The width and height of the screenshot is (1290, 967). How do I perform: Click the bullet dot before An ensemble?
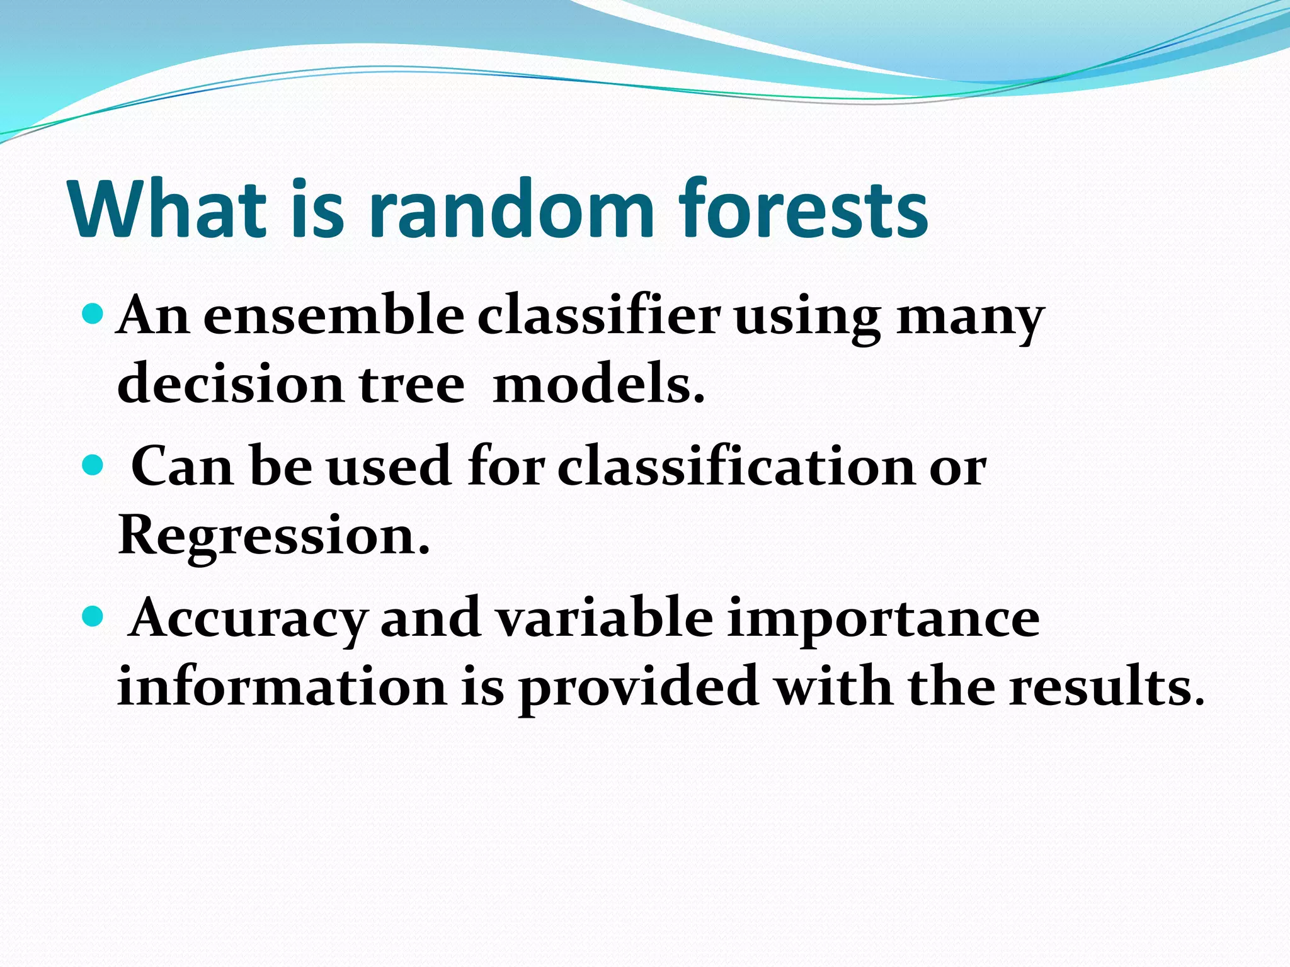click(92, 313)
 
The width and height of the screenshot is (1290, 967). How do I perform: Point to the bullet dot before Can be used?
click(92, 465)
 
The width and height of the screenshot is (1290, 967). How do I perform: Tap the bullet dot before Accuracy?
click(92, 616)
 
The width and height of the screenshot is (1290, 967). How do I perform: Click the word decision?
click(230, 384)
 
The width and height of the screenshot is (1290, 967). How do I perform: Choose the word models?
click(598, 384)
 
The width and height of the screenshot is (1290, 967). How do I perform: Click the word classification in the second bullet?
click(736, 468)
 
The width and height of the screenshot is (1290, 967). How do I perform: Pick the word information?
click(282, 686)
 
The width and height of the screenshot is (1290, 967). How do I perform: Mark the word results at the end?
click(1106, 686)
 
